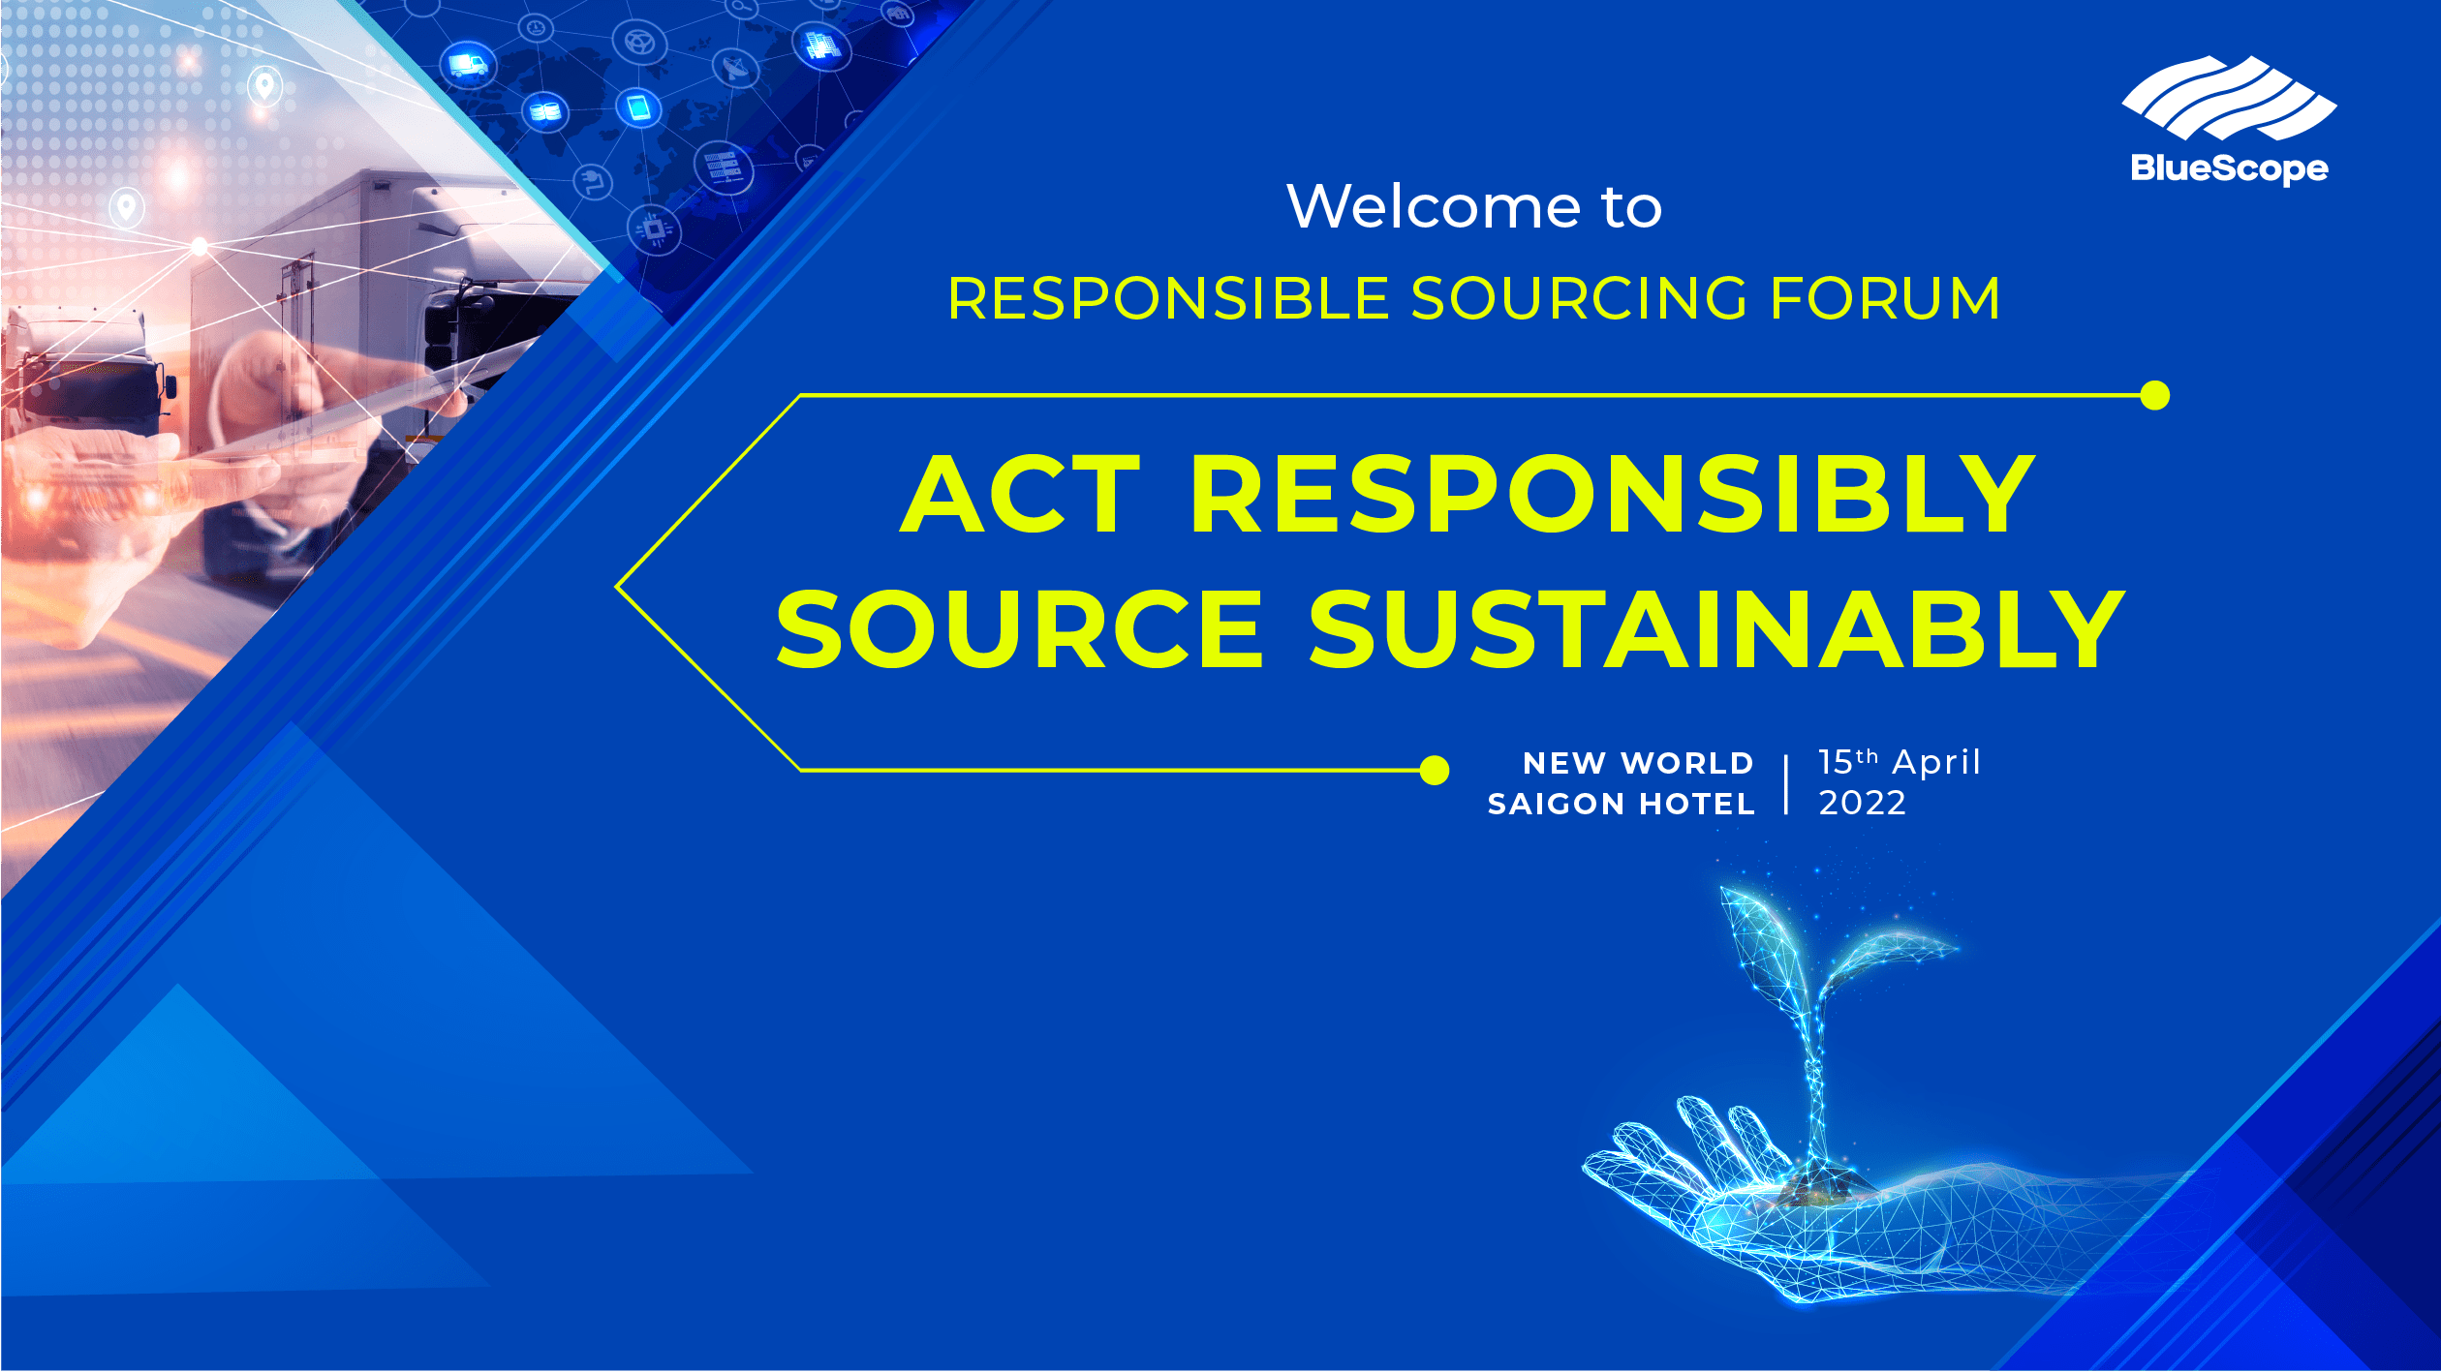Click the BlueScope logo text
tap(2229, 169)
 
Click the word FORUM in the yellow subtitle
tap(1885, 298)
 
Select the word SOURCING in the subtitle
tap(1580, 298)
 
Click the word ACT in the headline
tap(1020, 495)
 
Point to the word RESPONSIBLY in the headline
tap(1612, 495)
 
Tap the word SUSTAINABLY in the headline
tap(1716, 629)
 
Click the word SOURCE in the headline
tap(1020, 629)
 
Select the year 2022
tap(1862, 804)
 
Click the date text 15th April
tap(1899, 762)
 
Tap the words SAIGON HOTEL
tap(1622, 804)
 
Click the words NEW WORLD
tap(1638, 763)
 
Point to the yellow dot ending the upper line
tap(2154, 396)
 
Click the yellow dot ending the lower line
tap(1434, 771)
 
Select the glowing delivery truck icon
tap(468, 65)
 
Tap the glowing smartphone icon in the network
tap(638, 106)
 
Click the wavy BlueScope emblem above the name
tap(2229, 98)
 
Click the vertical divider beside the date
tap(1786, 784)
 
